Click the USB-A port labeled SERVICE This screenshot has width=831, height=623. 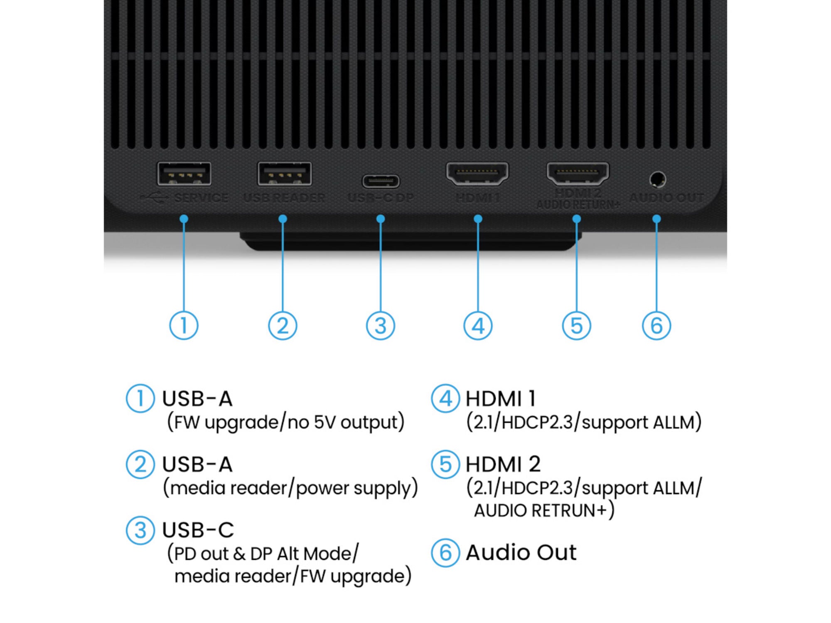[184, 174]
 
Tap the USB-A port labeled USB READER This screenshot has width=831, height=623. [284, 174]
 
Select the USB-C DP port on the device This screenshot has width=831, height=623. [381, 181]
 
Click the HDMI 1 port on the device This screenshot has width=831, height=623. [477, 173]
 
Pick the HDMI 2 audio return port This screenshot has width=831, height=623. [578, 173]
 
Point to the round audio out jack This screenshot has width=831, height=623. [657, 180]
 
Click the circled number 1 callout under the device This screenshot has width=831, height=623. [184, 325]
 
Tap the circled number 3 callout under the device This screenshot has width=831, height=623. [380, 325]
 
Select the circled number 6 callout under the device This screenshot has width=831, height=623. [656, 325]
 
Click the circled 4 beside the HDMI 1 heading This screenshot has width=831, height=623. [445, 398]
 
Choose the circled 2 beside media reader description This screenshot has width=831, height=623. [140, 464]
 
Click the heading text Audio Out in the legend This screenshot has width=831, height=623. [521, 553]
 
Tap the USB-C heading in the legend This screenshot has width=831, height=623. [198, 530]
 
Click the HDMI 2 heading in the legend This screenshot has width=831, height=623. [503, 464]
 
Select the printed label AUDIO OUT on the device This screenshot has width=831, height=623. [666, 198]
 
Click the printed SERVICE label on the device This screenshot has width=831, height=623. [201, 198]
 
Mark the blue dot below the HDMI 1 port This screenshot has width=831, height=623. [478, 218]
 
